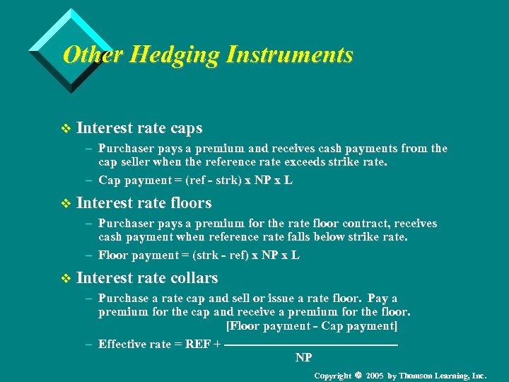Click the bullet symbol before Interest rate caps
[66, 129]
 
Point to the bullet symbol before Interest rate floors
[66, 204]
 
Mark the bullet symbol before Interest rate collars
[66, 279]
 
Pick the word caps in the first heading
[186, 129]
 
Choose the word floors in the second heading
[191, 203]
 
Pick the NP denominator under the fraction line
[303, 357]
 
